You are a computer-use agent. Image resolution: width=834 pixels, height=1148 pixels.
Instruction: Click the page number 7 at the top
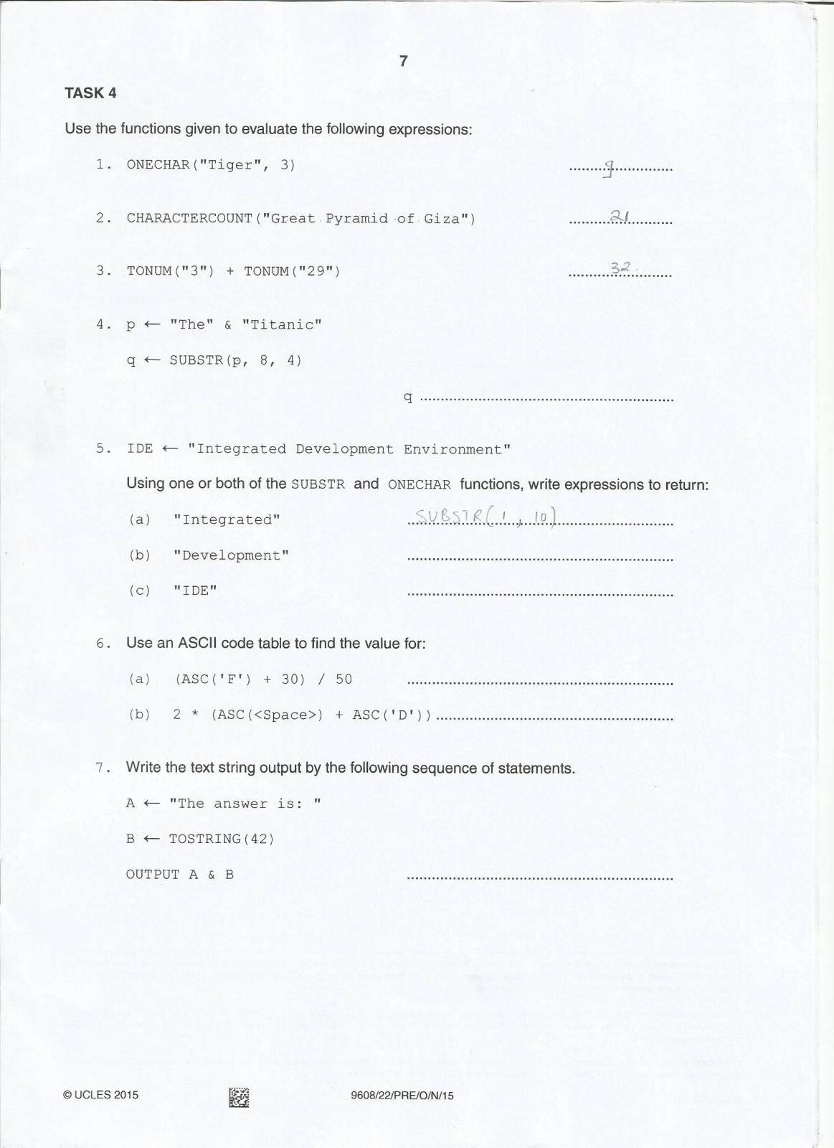tap(403, 61)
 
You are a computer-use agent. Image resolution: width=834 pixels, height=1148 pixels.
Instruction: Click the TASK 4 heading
tap(90, 93)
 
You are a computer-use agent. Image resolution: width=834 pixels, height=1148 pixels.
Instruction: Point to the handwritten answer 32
tap(620, 268)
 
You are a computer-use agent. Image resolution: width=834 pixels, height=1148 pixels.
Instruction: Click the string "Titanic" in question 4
tap(282, 324)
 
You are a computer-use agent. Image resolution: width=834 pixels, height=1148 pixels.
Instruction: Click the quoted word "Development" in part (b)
tap(231, 555)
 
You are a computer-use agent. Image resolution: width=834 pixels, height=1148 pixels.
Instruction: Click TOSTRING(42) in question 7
tap(222, 839)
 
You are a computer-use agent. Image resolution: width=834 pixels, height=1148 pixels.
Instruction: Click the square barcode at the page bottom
tap(239, 1097)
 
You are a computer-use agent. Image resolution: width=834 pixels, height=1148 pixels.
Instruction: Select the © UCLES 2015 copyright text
tap(101, 1095)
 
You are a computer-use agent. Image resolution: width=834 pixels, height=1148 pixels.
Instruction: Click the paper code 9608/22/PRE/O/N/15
tap(402, 1096)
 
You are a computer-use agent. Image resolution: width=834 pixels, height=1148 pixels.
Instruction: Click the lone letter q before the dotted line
tap(408, 397)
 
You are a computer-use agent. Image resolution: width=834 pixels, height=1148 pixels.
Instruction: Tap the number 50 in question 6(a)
tap(344, 679)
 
